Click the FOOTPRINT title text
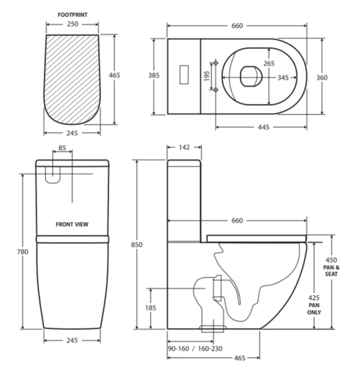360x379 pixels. point(73,15)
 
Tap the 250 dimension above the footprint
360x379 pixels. point(73,24)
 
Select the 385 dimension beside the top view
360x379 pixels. point(154,75)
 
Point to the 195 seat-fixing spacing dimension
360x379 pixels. point(207,76)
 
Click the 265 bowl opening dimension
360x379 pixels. point(269,64)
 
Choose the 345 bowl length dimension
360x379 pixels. point(283,77)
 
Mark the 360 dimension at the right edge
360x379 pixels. point(322,77)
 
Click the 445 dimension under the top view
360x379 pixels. point(264,127)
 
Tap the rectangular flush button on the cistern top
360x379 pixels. point(184,75)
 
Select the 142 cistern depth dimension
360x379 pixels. point(184,147)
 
